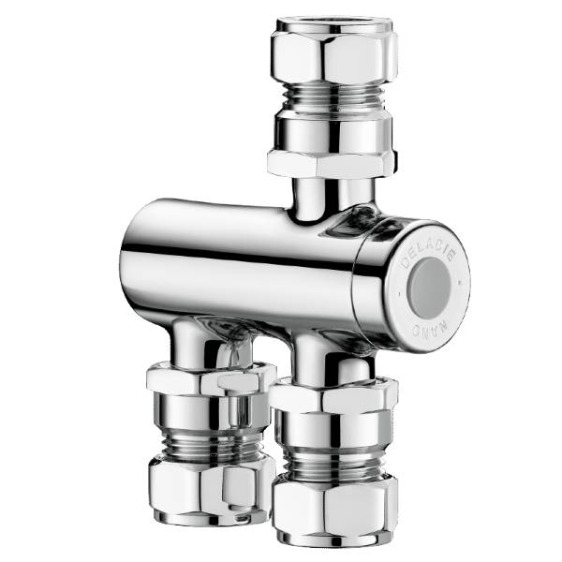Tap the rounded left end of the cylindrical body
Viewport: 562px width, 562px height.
[136, 258]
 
